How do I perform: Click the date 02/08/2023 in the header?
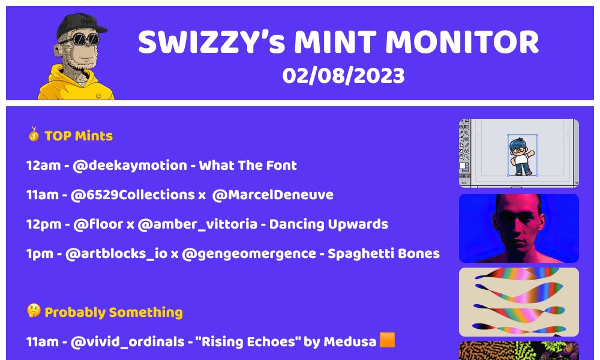click(x=343, y=76)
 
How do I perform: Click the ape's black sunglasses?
click(x=83, y=40)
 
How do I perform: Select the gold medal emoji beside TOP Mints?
click(x=34, y=134)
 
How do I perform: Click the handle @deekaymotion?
click(x=130, y=165)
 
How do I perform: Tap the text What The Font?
click(x=248, y=165)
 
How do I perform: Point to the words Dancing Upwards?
click(x=328, y=224)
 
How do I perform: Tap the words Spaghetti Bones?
click(x=383, y=253)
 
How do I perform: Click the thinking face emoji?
click(x=34, y=311)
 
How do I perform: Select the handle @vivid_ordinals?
click(x=127, y=342)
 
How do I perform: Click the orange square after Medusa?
click(x=388, y=340)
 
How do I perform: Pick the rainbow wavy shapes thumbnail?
click(x=518, y=302)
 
